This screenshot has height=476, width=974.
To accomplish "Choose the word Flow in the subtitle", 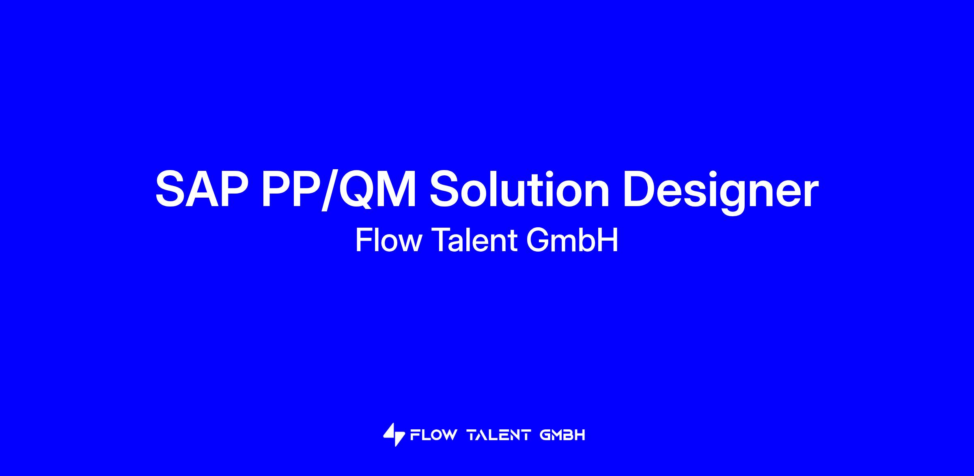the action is (x=388, y=240).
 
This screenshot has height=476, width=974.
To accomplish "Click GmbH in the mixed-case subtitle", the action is (x=572, y=240).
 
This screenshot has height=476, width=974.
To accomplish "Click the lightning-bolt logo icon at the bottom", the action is (x=394, y=435).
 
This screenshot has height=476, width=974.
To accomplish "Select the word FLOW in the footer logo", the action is (x=433, y=435).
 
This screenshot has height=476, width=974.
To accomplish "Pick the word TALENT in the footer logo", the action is (x=499, y=435).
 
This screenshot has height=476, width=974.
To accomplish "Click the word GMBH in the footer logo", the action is (x=562, y=435).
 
